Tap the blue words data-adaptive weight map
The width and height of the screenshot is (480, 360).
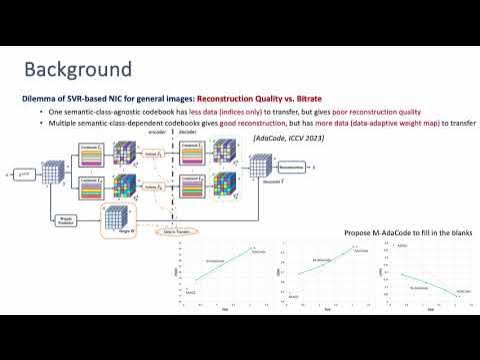(395, 123)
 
